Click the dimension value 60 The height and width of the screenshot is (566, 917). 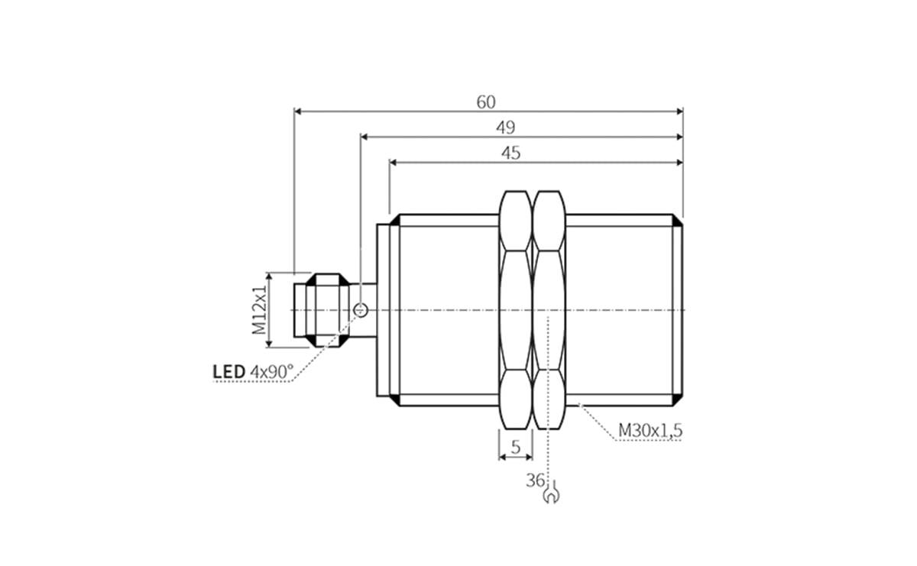(486, 102)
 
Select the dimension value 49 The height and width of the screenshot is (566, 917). (505, 127)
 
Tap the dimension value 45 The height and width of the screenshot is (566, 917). (510, 153)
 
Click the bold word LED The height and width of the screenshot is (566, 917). (228, 372)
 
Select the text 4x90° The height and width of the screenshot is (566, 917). (272, 372)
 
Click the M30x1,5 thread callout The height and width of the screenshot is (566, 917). (650, 432)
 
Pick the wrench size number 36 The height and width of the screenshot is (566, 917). (534, 480)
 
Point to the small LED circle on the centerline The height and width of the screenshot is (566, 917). (361, 310)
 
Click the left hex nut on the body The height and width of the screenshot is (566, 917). (515, 309)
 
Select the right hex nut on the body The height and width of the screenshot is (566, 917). (549, 309)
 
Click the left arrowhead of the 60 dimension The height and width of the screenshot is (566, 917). (299, 112)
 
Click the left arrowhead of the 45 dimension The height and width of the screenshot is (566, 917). (394, 162)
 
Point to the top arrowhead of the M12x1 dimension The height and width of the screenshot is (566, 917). (268, 276)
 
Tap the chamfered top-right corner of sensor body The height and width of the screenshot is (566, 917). (678, 220)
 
